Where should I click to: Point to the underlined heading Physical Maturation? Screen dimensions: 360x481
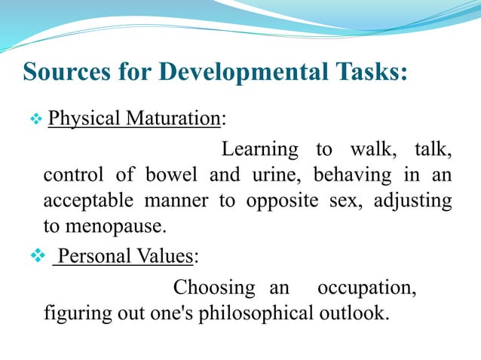[x=134, y=119]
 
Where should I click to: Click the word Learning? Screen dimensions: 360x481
[x=260, y=151]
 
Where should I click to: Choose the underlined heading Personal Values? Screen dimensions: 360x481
[x=125, y=257]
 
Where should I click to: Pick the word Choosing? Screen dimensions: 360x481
[x=213, y=288]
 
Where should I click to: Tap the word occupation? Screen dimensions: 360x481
[x=366, y=288]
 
